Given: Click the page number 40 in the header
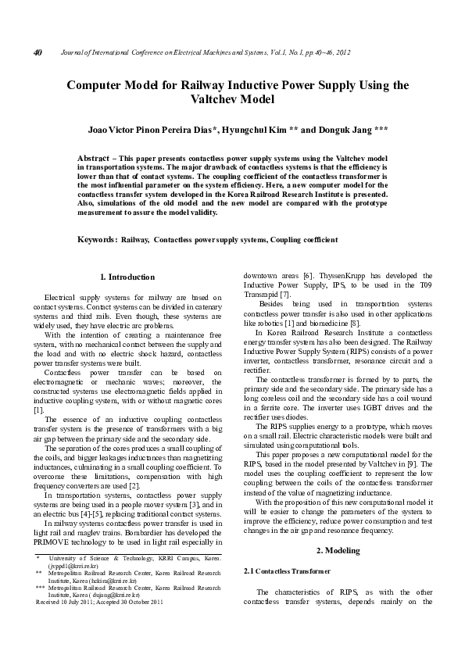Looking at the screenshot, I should click(37, 52).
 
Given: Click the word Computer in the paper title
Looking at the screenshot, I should click(98, 85).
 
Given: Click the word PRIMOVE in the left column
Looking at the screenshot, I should click(64, 542).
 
